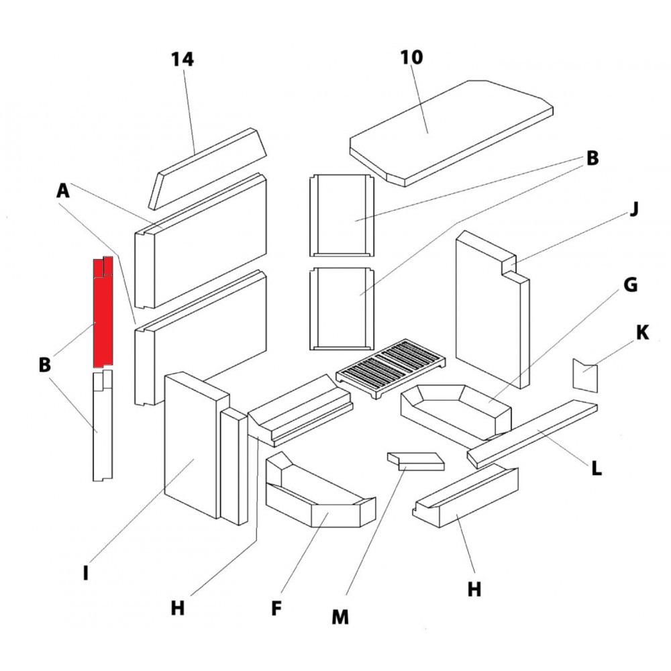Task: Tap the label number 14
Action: click(182, 60)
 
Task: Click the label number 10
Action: click(412, 58)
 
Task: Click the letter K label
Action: click(642, 333)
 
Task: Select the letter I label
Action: click(85, 574)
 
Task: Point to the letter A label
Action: click(62, 191)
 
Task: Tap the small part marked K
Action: click(584, 376)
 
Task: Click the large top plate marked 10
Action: click(450, 131)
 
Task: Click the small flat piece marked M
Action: click(416, 461)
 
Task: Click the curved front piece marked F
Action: click(315, 497)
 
